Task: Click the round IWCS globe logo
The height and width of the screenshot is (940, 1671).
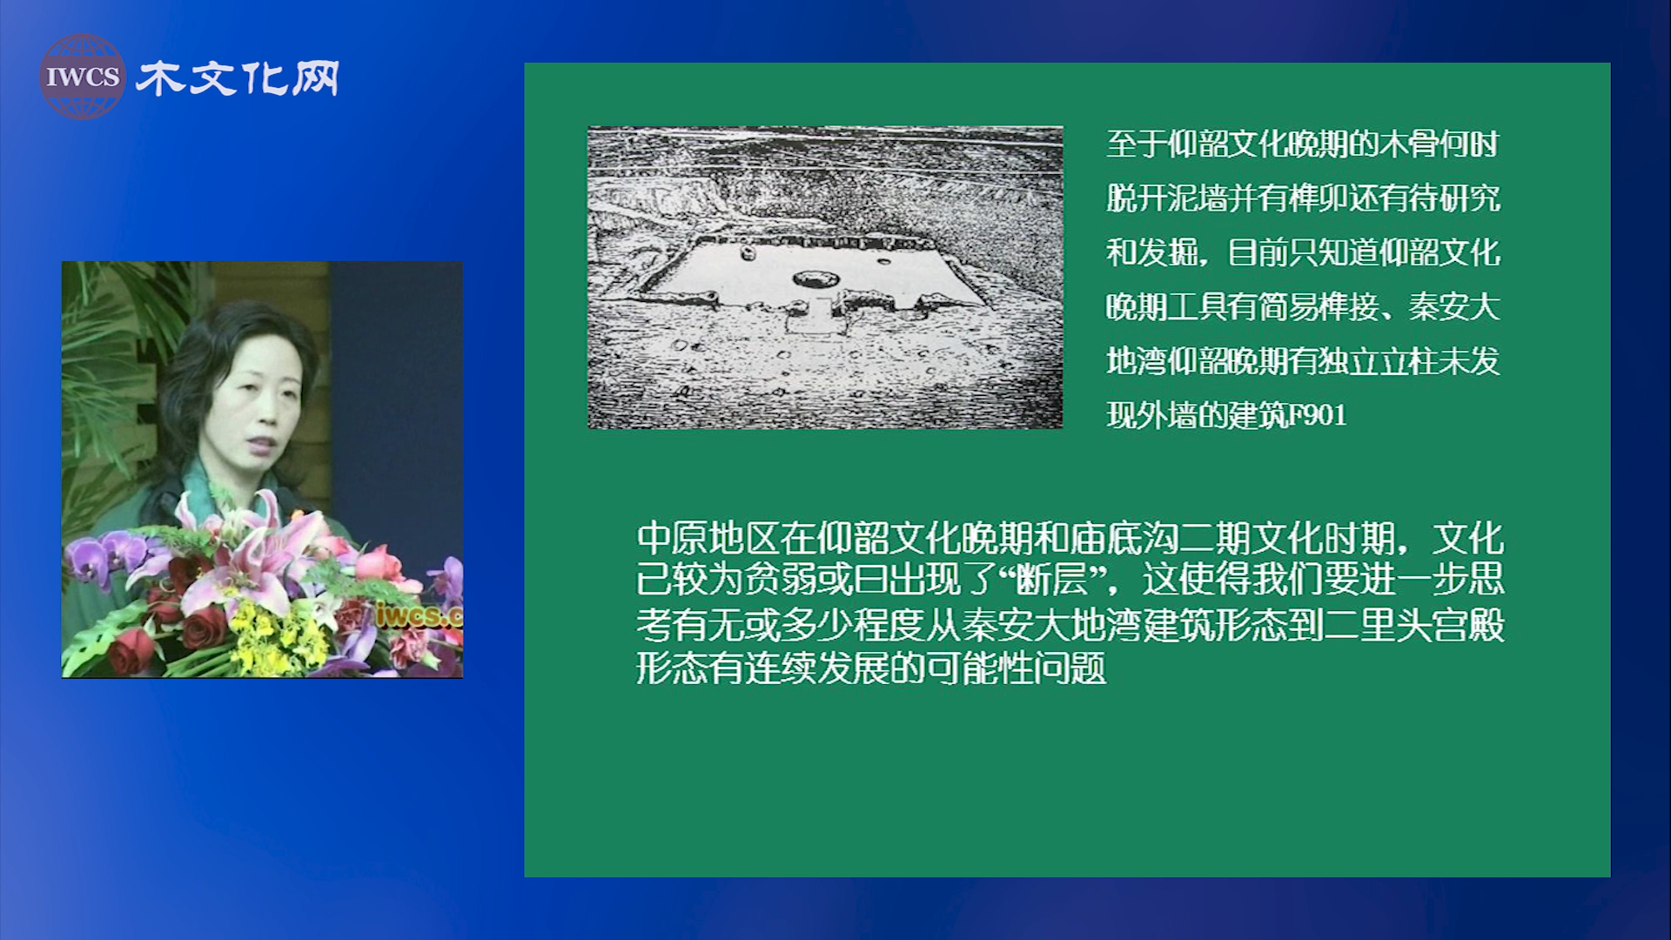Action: tap(82, 77)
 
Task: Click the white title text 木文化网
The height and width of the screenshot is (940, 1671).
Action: tap(238, 78)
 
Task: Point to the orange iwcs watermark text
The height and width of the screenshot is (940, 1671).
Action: tap(419, 614)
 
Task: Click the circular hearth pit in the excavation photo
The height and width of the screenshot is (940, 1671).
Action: tap(816, 279)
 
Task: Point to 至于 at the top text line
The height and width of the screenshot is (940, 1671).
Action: tap(1136, 144)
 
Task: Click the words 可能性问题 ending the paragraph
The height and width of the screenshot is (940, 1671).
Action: tap(1016, 668)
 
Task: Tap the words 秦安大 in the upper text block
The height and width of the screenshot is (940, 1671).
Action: tap(1454, 307)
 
